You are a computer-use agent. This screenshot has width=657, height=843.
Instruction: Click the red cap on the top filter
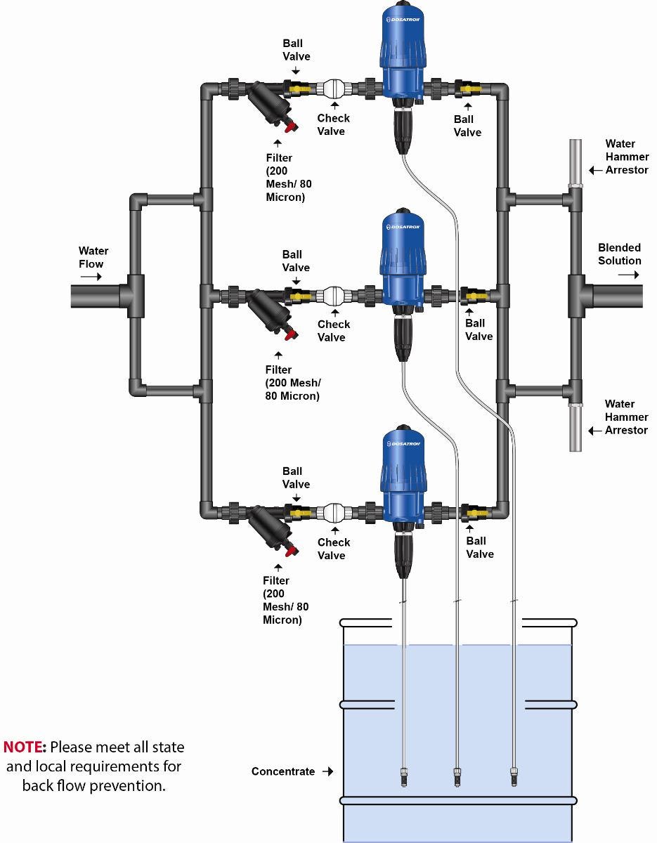tap(287, 127)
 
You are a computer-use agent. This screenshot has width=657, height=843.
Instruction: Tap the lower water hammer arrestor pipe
tap(575, 429)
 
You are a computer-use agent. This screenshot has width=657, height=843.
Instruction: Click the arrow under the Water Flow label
tap(91, 277)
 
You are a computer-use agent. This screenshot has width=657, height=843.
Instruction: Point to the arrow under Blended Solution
tap(629, 274)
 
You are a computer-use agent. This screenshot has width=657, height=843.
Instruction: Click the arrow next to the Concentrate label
tap(327, 771)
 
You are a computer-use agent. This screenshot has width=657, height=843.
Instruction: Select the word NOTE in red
tap(25, 746)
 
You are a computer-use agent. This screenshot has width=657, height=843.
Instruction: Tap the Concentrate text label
tap(283, 771)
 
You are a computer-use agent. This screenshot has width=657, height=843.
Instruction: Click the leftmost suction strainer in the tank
tap(403, 776)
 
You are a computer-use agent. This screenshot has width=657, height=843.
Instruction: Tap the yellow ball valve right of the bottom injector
tap(476, 513)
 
